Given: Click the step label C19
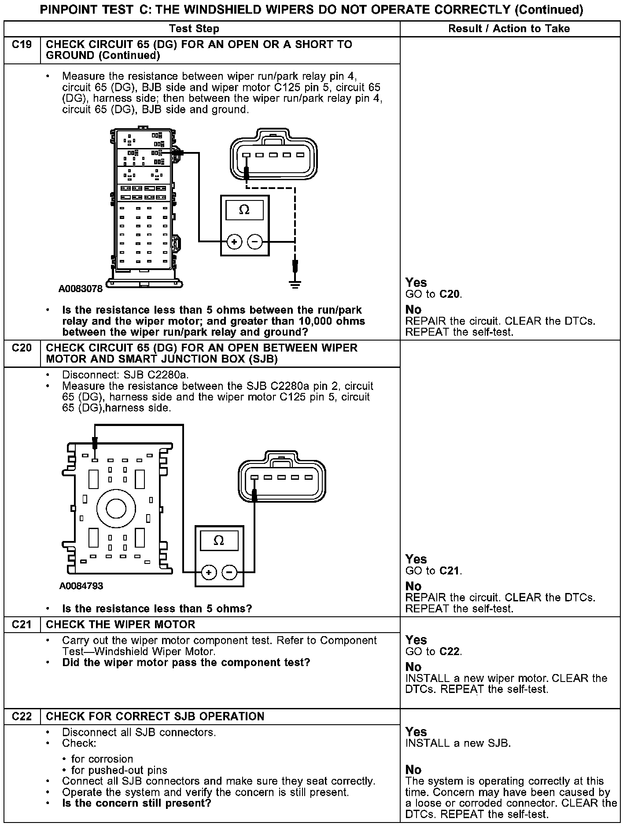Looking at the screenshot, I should [22, 45].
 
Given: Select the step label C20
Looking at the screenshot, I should [22, 348].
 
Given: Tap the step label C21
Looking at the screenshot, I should [22, 625].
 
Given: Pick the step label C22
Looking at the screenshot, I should [22, 717].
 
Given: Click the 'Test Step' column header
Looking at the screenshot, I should [194, 29].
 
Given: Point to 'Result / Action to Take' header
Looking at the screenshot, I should [509, 29].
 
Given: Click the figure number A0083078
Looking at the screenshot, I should [81, 289].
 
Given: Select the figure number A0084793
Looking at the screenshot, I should [81, 586].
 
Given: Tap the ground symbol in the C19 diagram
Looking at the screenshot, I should [295, 284].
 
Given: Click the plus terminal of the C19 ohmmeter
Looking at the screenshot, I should [234, 241].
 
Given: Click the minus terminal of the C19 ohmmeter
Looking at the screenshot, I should [255, 241].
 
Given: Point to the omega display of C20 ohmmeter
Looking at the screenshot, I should [219, 541].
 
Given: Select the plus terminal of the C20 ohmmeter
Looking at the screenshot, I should [209, 572].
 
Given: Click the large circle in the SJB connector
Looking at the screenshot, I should [116, 508].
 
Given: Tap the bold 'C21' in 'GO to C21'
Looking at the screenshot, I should [450, 571].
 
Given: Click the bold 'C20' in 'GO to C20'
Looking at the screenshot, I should [450, 294].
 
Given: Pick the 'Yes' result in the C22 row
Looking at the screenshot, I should [416, 732].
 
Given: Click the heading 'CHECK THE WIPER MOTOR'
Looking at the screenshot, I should [120, 625].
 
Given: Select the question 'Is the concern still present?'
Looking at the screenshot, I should [136, 803].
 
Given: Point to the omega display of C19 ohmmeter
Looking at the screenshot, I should [244, 210].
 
